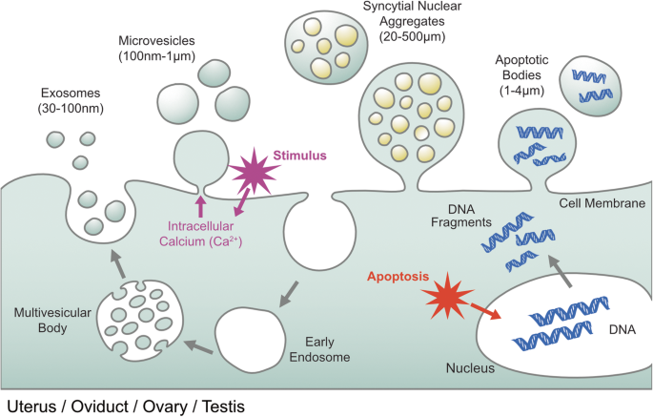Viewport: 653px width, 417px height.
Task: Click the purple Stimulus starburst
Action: [x=251, y=173]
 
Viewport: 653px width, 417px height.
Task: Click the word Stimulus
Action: [x=300, y=154]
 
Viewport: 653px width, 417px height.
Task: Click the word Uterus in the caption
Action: [x=30, y=407]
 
